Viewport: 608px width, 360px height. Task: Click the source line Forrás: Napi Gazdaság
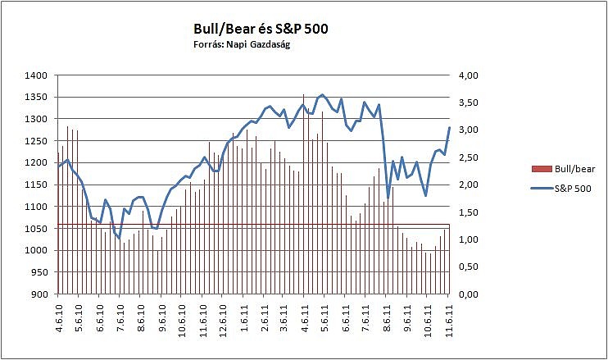236,45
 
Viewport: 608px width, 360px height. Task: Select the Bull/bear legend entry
564,169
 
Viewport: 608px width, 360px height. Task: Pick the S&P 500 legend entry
563,188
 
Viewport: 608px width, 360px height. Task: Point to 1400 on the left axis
36,75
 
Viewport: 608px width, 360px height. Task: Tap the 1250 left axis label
36,141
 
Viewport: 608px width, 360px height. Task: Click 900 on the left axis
39,294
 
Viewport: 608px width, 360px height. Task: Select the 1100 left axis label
36,207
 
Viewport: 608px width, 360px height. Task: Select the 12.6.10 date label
222,317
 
